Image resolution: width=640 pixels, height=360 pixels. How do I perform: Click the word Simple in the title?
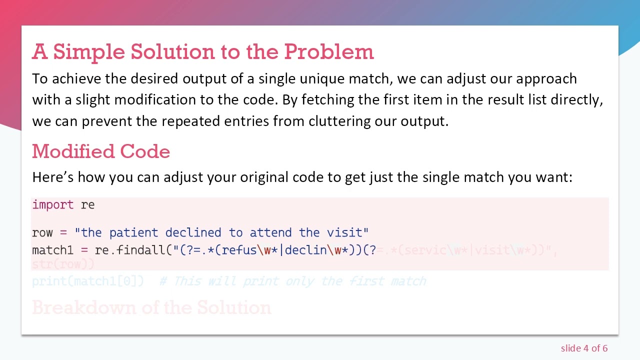(x=88, y=51)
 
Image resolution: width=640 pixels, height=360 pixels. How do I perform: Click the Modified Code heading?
(x=101, y=151)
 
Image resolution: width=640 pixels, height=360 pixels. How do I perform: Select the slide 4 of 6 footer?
(x=584, y=348)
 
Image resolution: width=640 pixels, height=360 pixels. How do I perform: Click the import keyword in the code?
(x=52, y=204)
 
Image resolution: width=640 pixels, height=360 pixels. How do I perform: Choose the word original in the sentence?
(x=264, y=177)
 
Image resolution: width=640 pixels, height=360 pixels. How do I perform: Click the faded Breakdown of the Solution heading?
(x=151, y=307)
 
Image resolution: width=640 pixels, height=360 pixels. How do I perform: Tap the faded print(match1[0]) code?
(x=88, y=281)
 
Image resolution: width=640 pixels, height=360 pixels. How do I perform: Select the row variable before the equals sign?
(x=42, y=232)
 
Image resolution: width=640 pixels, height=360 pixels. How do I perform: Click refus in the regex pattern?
(x=239, y=250)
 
